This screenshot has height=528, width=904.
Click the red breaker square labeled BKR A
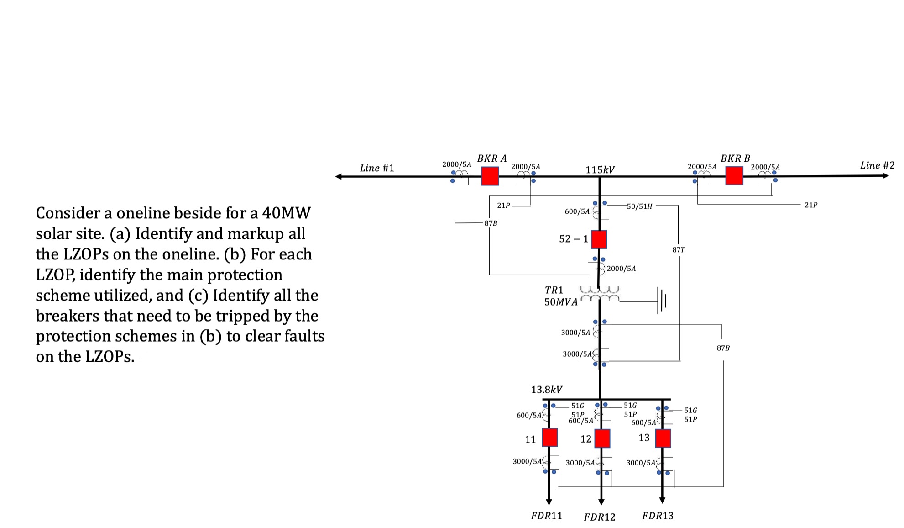point(490,176)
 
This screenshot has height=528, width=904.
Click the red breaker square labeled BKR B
point(734,175)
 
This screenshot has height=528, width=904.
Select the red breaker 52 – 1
point(599,239)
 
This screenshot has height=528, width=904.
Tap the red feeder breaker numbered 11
point(549,437)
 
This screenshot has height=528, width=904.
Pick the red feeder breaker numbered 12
point(602,438)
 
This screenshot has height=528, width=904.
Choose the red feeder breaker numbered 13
point(663,438)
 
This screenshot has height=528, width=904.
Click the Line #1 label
point(376,168)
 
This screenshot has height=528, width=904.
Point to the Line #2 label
point(877,165)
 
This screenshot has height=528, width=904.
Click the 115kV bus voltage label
point(600,170)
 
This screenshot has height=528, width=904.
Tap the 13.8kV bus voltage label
point(547,390)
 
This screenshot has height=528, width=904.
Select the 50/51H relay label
point(639,206)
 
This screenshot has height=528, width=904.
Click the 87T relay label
point(679,250)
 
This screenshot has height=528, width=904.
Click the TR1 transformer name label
point(554,290)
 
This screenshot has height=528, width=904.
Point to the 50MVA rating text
point(561,302)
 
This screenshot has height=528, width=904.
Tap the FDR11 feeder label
point(547,516)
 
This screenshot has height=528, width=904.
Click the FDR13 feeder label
point(658,516)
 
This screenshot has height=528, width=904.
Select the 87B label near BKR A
point(491,223)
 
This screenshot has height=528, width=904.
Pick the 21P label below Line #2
point(811,205)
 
